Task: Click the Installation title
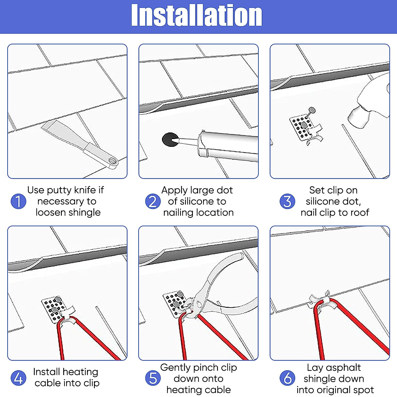[197, 15]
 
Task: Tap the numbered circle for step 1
[18, 201]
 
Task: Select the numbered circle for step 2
[153, 201]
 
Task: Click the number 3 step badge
[287, 201]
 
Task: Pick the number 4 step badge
[18, 378]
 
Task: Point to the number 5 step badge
[153, 378]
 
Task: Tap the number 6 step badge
[287, 378]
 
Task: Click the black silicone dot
[170, 140]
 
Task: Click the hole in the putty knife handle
[112, 161]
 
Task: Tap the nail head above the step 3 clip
[312, 110]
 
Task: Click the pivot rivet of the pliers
[199, 303]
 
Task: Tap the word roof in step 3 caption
[360, 213]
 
